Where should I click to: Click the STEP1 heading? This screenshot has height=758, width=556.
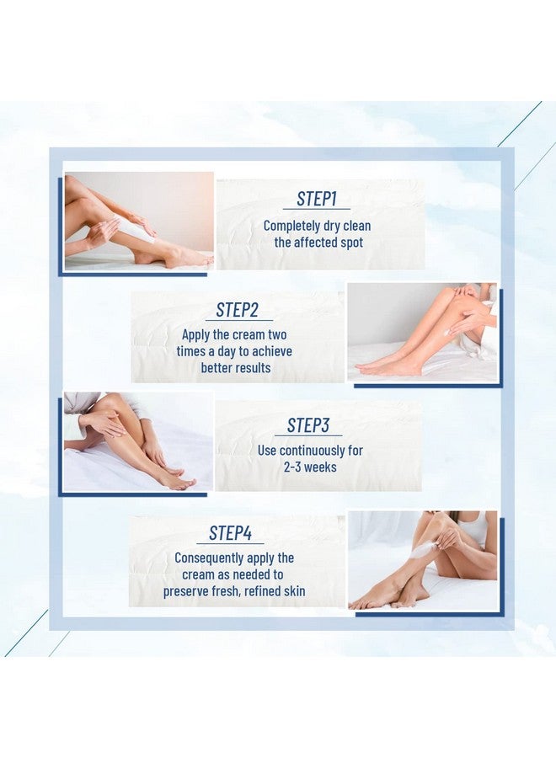[317, 200]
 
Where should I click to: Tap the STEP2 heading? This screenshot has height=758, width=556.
[238, 310]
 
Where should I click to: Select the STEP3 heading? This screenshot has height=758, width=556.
[308, 425]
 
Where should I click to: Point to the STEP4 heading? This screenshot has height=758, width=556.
[230, 533]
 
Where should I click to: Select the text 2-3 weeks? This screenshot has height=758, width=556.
[309, 467]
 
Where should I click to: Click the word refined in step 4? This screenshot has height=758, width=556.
[263, 591]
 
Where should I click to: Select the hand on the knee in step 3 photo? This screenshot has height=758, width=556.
[104, 421]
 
